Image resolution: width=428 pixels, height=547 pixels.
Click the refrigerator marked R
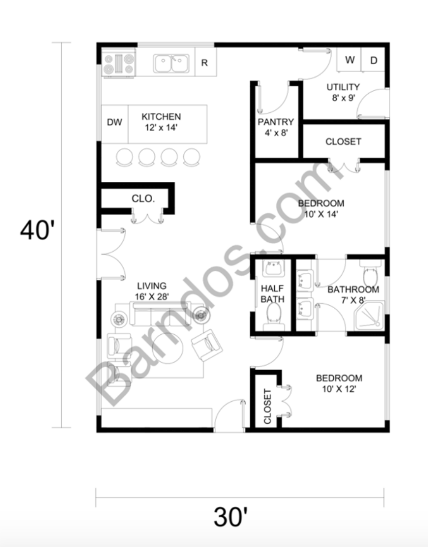[205, 63]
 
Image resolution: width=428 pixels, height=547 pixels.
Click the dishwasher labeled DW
[114, 122]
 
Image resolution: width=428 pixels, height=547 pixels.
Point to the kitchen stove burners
[118, 63]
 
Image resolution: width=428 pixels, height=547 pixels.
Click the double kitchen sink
[171, 64]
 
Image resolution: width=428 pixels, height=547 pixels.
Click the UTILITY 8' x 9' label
[343, 92]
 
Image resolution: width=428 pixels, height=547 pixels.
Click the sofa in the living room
[160, 314]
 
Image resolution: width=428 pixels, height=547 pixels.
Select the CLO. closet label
[143, 198]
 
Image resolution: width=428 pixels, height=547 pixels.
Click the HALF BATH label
[273, 294]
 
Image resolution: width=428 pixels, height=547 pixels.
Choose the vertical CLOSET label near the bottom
[267, 406]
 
